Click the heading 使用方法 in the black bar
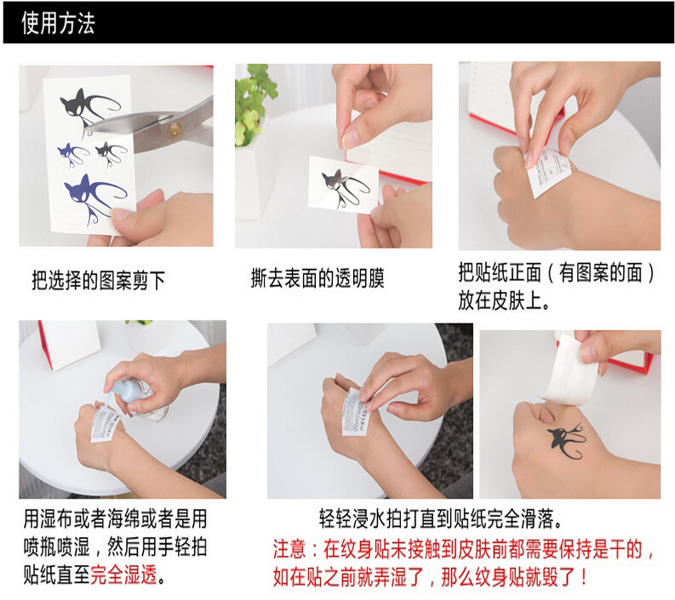coord(58,23)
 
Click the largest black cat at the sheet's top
coord(89,110)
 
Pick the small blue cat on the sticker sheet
coord(72,155)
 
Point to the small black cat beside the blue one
coord(111,154)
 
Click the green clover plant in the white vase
coord(253,103)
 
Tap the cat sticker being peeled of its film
coord(344,185)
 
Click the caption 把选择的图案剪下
coord(99,280)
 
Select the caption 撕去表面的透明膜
coord(317,277)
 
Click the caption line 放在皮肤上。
coord(504,300)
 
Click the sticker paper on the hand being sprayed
coord(103,425)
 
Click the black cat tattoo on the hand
coord(566,440)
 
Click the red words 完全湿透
coord(123,574)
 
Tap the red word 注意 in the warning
coord(289,549)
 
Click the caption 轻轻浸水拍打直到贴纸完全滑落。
coord(441,517)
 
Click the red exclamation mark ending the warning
coord(584,576)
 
